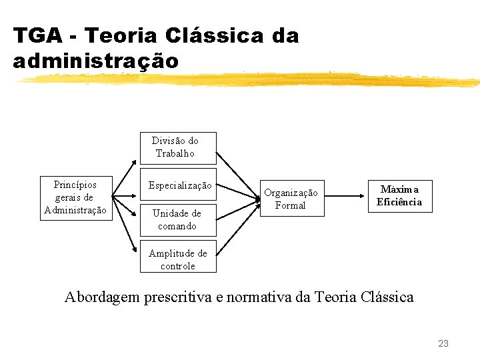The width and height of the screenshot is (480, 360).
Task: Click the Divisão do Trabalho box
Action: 177,147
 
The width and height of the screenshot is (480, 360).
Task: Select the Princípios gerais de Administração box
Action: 75,197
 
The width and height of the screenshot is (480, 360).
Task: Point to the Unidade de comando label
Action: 177,219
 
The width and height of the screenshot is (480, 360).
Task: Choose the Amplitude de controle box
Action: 178,259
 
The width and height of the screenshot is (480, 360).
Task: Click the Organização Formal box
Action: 291,199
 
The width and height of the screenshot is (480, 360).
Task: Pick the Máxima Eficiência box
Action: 399,196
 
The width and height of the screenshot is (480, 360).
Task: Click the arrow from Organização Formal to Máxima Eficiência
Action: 346,197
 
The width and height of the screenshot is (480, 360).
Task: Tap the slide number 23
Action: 443,343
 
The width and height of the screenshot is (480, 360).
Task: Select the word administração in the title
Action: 95,61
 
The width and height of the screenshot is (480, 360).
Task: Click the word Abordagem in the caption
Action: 103,297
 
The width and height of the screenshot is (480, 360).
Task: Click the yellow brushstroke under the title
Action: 247,80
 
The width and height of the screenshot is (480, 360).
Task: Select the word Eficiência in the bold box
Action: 399,202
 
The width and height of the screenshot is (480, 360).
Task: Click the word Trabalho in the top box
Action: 175,153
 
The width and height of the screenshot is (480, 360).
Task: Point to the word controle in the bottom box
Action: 178,266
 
